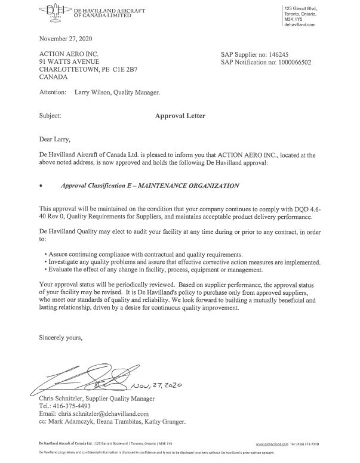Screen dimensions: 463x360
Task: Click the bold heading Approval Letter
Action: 180,116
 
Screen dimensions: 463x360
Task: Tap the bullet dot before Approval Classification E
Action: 41,186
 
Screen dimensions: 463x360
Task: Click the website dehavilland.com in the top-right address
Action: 307,24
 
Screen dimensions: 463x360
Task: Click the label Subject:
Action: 50,116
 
